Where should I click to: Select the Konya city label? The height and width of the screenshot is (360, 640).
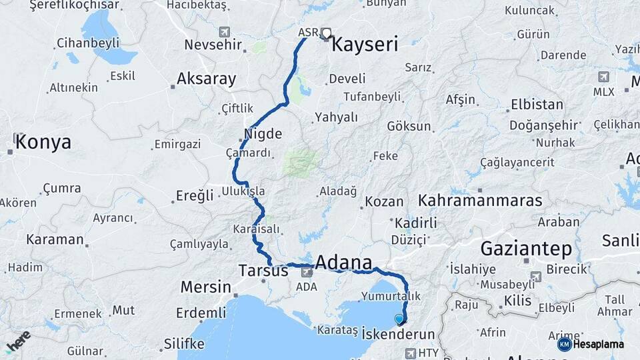click(x=43, y=142)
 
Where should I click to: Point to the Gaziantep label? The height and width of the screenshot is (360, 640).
click(x=526, y=249)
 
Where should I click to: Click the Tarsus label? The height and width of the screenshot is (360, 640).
click(x=263, y=271)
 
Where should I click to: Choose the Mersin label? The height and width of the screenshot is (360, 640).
click(x=205, y=287)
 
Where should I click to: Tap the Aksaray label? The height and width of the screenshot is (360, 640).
click(x=206, y=79)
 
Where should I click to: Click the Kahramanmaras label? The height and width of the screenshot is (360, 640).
click(x=479, y=200)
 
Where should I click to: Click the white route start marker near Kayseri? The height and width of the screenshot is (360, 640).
click(x=327, y=32)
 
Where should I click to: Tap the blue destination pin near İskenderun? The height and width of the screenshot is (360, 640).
click(x=399, y=319)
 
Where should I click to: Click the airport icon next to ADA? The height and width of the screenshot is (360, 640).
click(x=307, y=271)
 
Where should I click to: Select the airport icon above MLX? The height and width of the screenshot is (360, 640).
click(x=603, y=77)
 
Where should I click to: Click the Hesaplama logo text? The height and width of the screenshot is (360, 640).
click(x=598, y=344)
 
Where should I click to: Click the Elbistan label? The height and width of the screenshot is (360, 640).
click(x=537, y=105)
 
